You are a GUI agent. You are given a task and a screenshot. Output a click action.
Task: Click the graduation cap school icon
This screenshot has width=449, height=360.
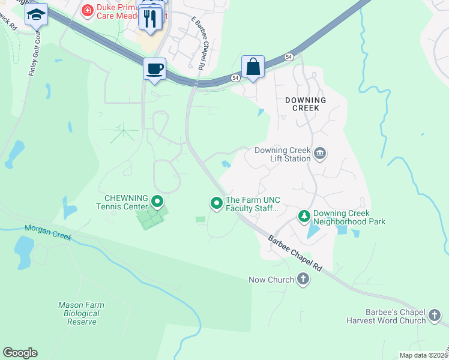pos(36,14)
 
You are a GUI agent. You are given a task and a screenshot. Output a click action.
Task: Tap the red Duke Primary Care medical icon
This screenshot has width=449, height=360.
pos(88,10)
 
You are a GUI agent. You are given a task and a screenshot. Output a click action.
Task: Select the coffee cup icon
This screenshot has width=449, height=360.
pos(154,68)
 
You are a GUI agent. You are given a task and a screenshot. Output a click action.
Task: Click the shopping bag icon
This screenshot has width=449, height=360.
pos(253,66)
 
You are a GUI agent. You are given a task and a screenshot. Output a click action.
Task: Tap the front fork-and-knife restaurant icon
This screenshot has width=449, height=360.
pos(150,18)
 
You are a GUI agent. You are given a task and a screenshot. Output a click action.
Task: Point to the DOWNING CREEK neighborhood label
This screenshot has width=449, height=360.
pos(306,104)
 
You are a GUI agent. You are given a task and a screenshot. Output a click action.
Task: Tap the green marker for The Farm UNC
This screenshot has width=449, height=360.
pos(216,204)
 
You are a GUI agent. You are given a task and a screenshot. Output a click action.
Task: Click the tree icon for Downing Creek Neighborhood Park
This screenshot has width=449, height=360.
pos(304,216)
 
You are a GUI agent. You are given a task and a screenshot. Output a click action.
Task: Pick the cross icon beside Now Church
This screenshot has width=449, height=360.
pos(303,279)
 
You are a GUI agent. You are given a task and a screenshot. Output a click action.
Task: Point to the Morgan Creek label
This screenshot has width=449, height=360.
pos(48,233)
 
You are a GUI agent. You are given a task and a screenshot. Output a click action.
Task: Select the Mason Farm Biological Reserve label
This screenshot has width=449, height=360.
pos(81,313)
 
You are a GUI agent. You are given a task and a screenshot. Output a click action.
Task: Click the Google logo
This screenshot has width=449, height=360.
pos(20,353)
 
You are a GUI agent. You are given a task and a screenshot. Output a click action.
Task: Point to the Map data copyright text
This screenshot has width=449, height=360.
pos(424,355)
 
